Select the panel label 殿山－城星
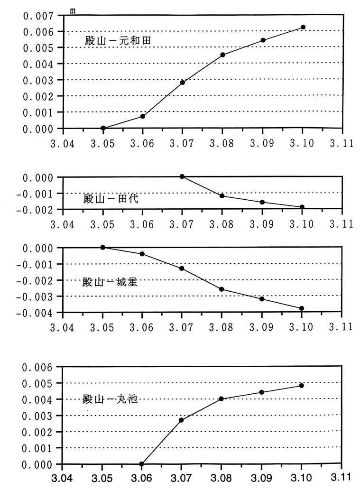[x=111, y=282]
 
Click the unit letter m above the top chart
[x=73, y=10]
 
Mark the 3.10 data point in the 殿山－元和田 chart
[x=303, y=27]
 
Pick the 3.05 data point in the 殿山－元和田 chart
[x=103, y=128]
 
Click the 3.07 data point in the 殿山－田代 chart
[x=182, y=176]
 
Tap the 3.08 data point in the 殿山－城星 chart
[x=222, y=289]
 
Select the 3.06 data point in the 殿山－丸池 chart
[x=142, y=464]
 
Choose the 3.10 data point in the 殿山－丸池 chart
[x=301, y=386]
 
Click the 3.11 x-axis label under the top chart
[x=342, y=143]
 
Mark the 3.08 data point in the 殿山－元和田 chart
[x=222, y=55]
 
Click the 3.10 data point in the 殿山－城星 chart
[x=301, y=308]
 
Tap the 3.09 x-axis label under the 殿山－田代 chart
[x=262, y=224]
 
